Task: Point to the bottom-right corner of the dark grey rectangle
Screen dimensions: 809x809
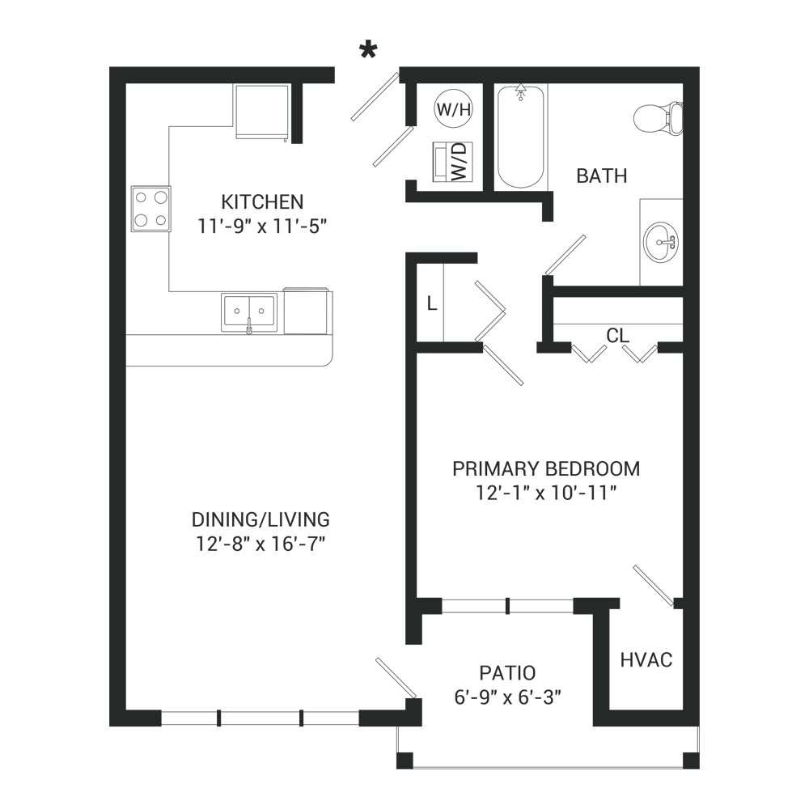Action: pyautogui.click(x=699, y=768)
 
